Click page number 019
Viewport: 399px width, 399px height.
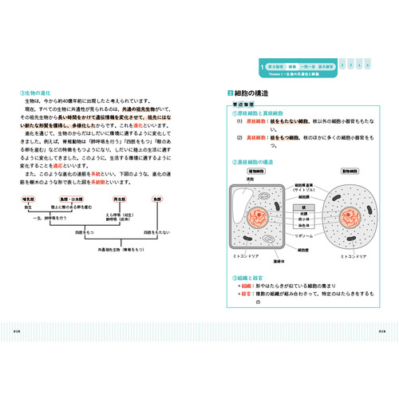[381, 330]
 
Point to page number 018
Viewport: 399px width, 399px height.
[18, 330]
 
